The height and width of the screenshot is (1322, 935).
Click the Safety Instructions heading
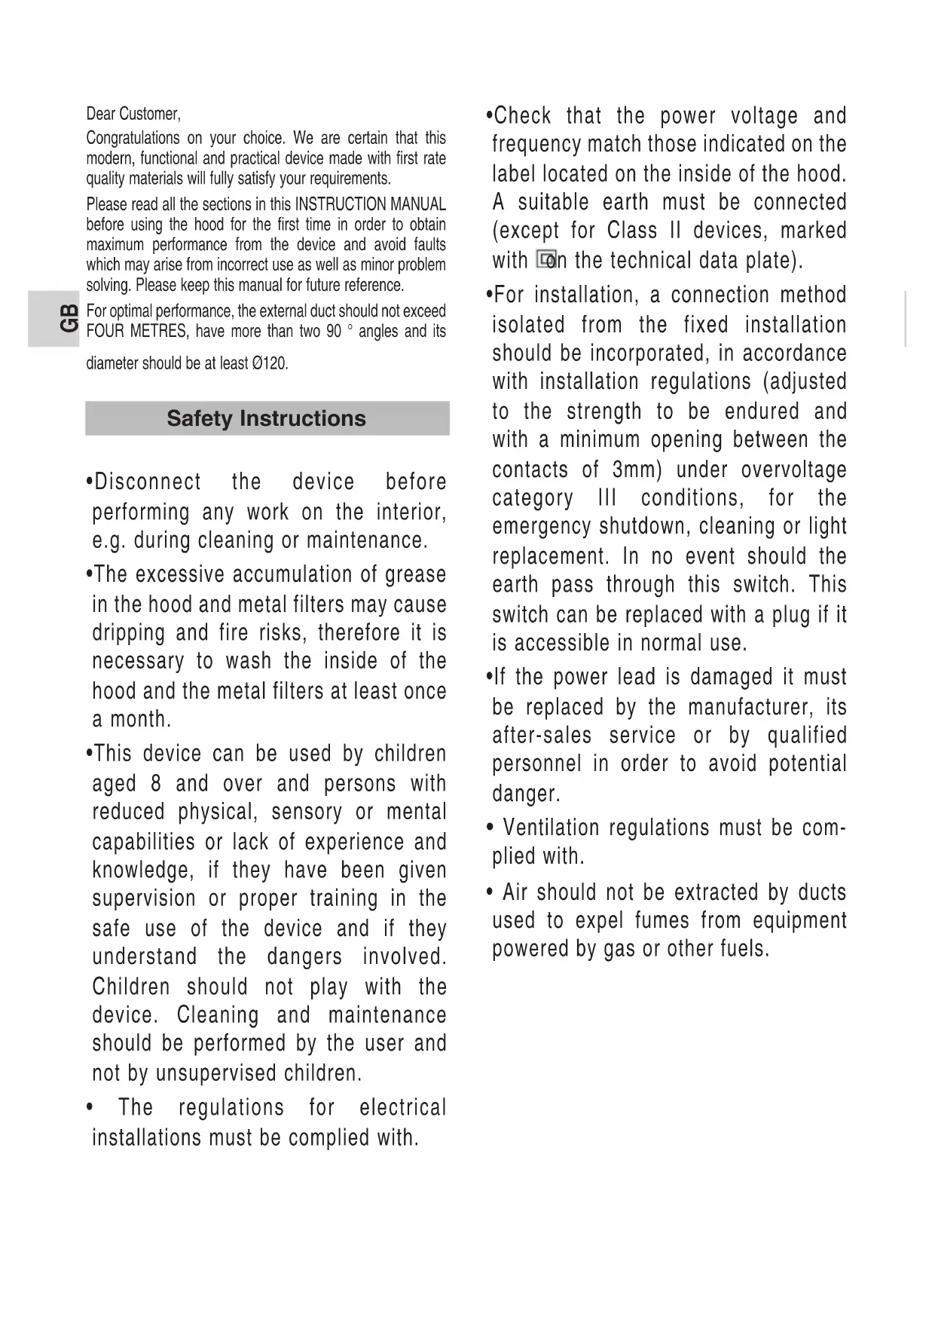pyautogui.click(x=266, y=418)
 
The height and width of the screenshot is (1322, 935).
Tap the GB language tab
pyautogui.click(x=68, y=318)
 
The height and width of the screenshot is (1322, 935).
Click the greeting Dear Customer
pyautogui.click(x=133, y=114)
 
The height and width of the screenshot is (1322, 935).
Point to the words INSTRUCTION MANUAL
pyautogui.click(x=370, y=204)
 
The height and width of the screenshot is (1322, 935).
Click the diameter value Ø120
pyautogui.click(x=269, y=363)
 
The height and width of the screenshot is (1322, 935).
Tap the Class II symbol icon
pyautogui.click(x=546, y=260)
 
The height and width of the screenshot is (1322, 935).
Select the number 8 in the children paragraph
pyautogui.click(x=156, y=784)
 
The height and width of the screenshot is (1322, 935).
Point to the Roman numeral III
pyautogui.click(x=607, y=498)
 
